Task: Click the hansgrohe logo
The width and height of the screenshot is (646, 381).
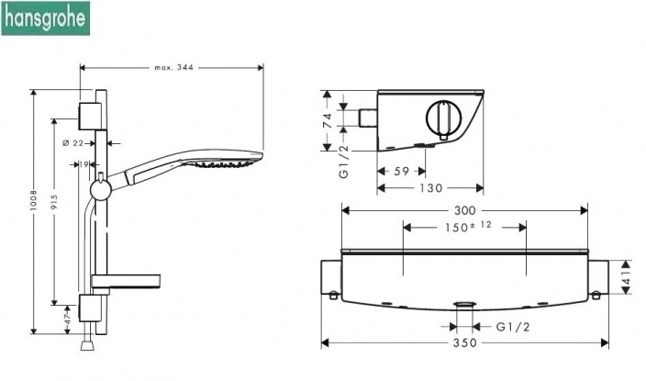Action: [x=45, y=18]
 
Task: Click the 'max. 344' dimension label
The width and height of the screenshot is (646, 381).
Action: [x=173, y=68]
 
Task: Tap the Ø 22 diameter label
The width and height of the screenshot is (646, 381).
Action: [x=72, y=143]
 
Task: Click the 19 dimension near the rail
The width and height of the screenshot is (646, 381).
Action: [x=84, y=164]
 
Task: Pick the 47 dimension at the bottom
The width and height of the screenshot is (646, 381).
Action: [x=68, y=316]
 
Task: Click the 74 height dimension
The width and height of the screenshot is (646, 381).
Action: [x=327, y=120]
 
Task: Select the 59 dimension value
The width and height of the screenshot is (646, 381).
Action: [x=401, y=171]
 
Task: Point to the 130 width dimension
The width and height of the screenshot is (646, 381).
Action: [x=431, y=188]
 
